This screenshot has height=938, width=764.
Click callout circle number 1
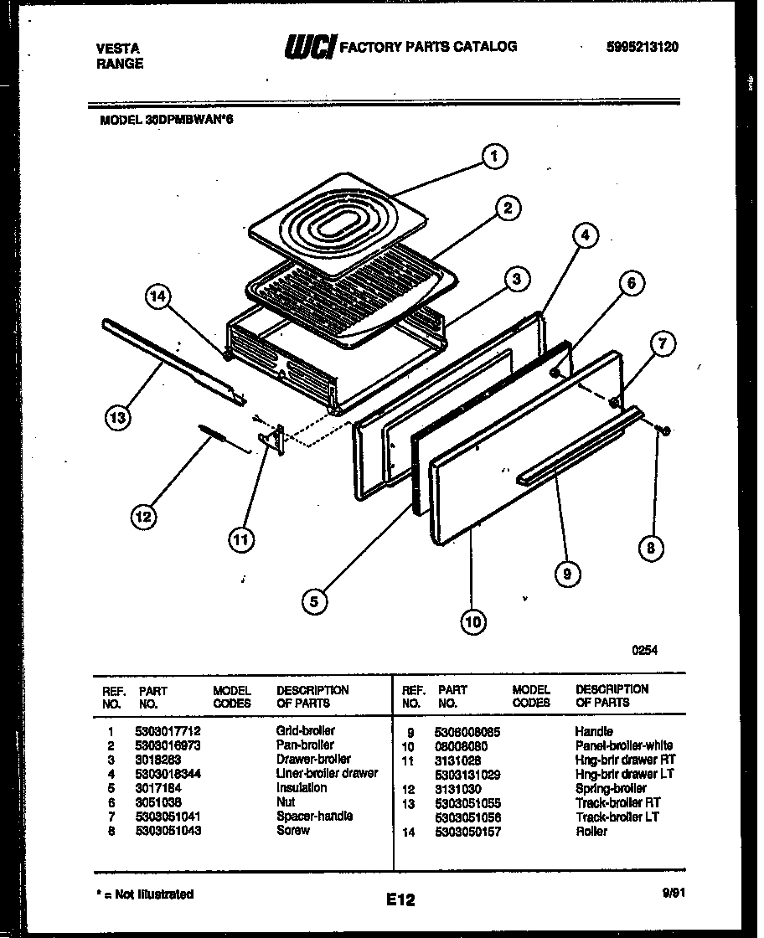click(494, 156)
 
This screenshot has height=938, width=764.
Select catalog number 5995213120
click(642, 47)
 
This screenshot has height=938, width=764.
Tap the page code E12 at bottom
click(400, 900)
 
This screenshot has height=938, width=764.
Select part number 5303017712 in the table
click(168, 730)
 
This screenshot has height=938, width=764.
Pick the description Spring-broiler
click(611, 788)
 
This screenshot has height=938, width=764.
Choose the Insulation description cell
click(302, 787)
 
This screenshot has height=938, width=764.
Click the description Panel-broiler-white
click(624, 745)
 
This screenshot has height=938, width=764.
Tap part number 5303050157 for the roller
click(469, 831)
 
